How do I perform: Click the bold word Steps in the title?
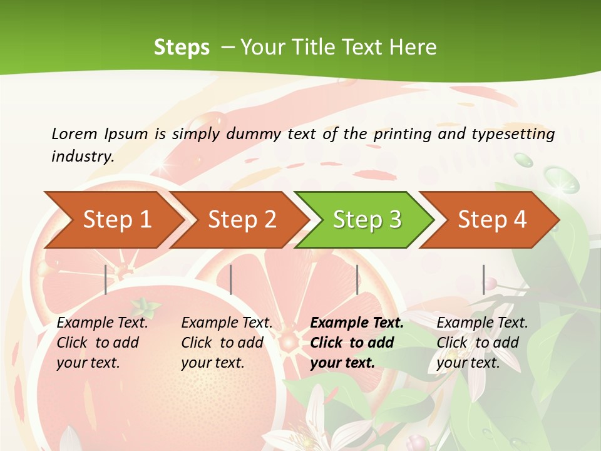point(182,47)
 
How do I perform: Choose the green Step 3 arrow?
point(367,220)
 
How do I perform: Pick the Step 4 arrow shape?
point(492,220)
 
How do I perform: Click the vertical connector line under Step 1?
point(106,279)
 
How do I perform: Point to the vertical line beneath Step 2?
point(231,279)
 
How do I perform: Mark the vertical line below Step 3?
point(357,279)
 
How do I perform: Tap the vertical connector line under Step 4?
point(483,279)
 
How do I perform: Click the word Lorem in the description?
point(74,133)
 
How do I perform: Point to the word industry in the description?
point(82,157)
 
